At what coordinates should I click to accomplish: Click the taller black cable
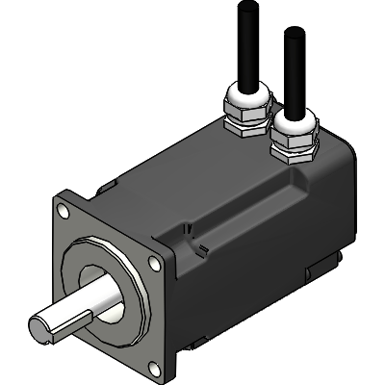point(244,43)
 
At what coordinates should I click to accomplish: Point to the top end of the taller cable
point(243,5)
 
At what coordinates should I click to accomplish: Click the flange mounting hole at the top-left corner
point(62,207)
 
